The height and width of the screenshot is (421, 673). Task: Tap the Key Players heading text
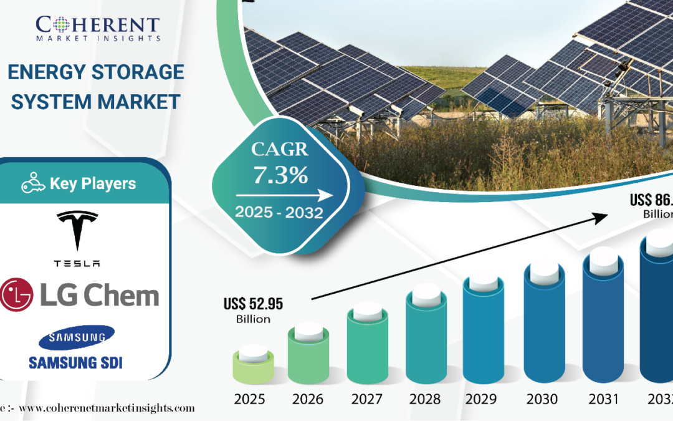pos(93,184)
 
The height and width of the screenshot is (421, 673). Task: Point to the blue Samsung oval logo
pos(76,338)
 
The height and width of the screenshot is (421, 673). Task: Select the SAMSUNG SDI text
pos(77,362)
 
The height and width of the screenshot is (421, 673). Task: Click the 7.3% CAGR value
pos(280,175)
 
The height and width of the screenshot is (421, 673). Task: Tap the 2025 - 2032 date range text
pos(279,213)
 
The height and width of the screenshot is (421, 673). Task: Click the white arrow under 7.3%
pos(280,195)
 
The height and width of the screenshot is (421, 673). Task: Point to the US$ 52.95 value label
pos(253,304)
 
